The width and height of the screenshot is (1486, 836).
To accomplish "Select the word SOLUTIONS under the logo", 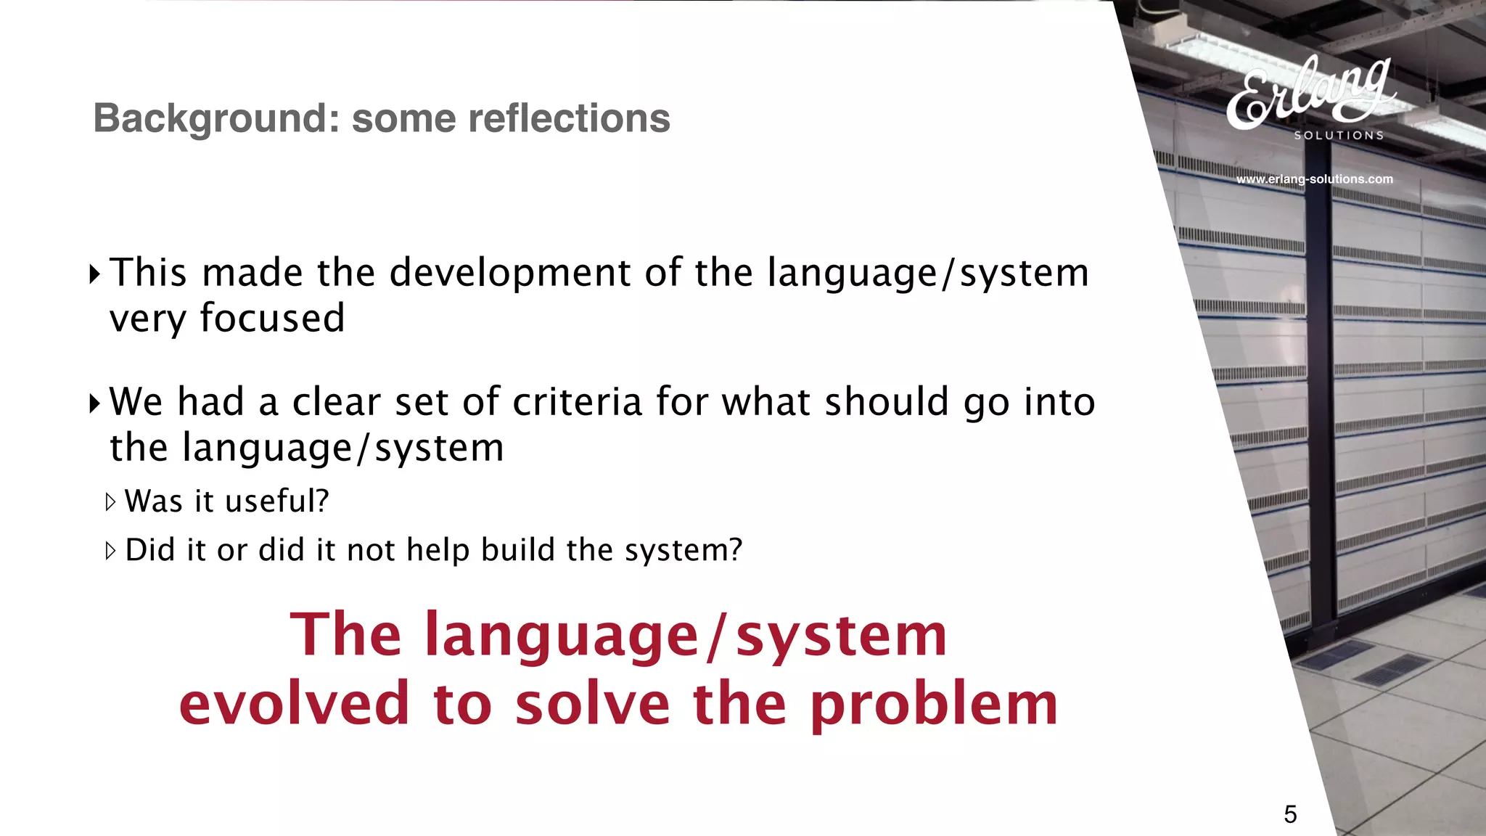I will tap(1339, 136).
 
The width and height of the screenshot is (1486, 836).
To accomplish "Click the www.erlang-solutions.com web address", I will tap(1314, 179).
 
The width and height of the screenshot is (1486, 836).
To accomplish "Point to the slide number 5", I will tap(1290, 814).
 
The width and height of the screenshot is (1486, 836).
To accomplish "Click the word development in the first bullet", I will tap(509, 274).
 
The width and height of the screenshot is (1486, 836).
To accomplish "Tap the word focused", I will tap(272, 319).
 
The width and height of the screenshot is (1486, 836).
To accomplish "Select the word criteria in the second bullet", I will tap(577, 402).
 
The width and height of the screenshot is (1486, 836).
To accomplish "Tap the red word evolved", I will tap(295, 704).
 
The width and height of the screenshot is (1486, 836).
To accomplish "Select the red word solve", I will tap(593, 704).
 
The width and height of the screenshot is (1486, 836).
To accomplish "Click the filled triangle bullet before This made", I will tap(94, 274).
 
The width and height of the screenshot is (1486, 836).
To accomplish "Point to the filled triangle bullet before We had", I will tap(94, 403).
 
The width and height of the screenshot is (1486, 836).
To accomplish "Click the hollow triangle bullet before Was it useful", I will tap(110, 501).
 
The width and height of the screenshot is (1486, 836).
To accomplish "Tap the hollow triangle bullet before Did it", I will tap(110, 551).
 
